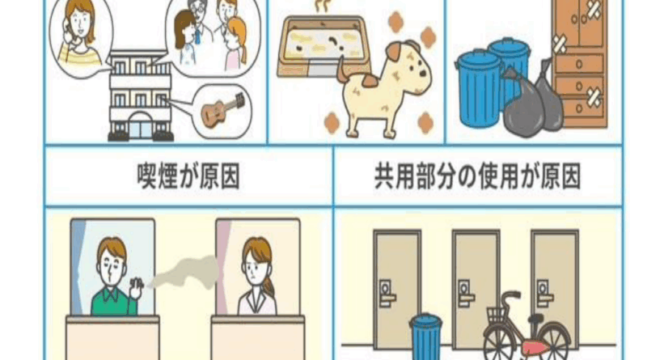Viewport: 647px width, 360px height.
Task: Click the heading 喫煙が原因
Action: (188, 176)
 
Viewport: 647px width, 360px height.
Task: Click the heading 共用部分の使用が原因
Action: (477, 176)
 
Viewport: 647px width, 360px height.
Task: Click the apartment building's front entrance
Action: (140, 126)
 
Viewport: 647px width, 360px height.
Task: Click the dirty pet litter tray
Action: (323, 45)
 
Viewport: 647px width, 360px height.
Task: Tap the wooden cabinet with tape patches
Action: (579, 62)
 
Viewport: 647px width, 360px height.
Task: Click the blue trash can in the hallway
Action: (425, 337)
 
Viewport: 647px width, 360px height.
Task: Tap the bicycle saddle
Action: (536, 318)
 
